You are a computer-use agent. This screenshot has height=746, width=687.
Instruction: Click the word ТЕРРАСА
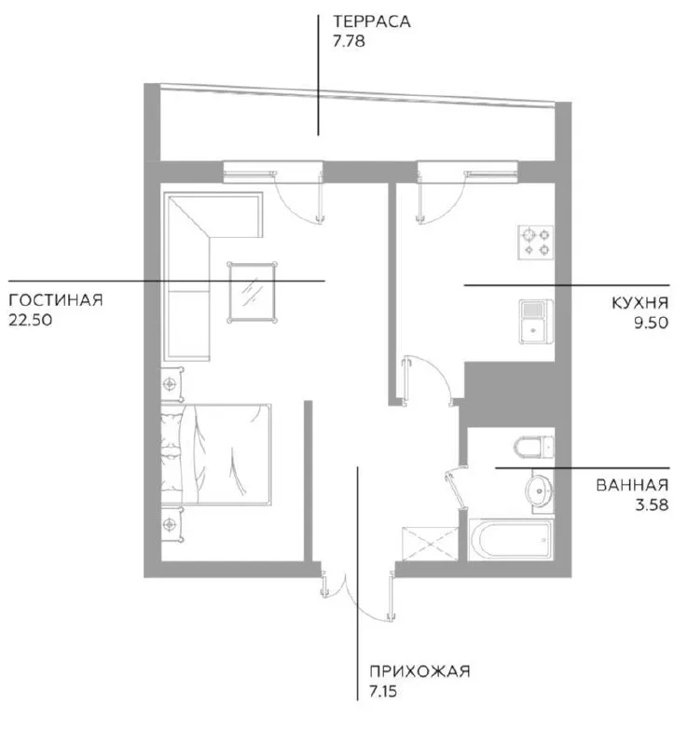371,21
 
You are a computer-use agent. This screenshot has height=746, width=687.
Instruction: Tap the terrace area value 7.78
349,41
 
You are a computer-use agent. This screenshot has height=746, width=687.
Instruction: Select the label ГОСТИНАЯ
56,300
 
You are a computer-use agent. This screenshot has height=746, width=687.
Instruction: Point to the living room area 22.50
31,320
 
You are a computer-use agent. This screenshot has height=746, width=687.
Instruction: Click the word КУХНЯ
640,303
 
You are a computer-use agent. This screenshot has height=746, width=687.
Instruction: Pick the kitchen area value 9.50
651,323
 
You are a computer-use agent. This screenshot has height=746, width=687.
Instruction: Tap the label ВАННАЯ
632,485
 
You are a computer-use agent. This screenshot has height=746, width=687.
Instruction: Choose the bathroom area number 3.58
652,504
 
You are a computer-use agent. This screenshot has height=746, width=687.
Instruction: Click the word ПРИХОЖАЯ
419,671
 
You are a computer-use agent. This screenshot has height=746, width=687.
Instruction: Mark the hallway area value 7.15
383,691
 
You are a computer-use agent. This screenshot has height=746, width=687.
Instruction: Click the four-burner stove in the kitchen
535,242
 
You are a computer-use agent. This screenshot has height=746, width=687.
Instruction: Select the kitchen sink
536,322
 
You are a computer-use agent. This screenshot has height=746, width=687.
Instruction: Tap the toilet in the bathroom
534,448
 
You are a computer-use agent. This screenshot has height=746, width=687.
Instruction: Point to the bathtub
511,540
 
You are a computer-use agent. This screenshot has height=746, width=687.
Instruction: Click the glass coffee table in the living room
252,292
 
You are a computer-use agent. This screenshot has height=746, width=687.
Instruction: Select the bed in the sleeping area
216,454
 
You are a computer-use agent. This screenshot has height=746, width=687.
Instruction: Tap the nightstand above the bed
172,384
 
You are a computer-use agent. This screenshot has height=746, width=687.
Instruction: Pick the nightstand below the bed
172,524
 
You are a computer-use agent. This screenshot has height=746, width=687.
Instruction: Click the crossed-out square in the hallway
431,544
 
